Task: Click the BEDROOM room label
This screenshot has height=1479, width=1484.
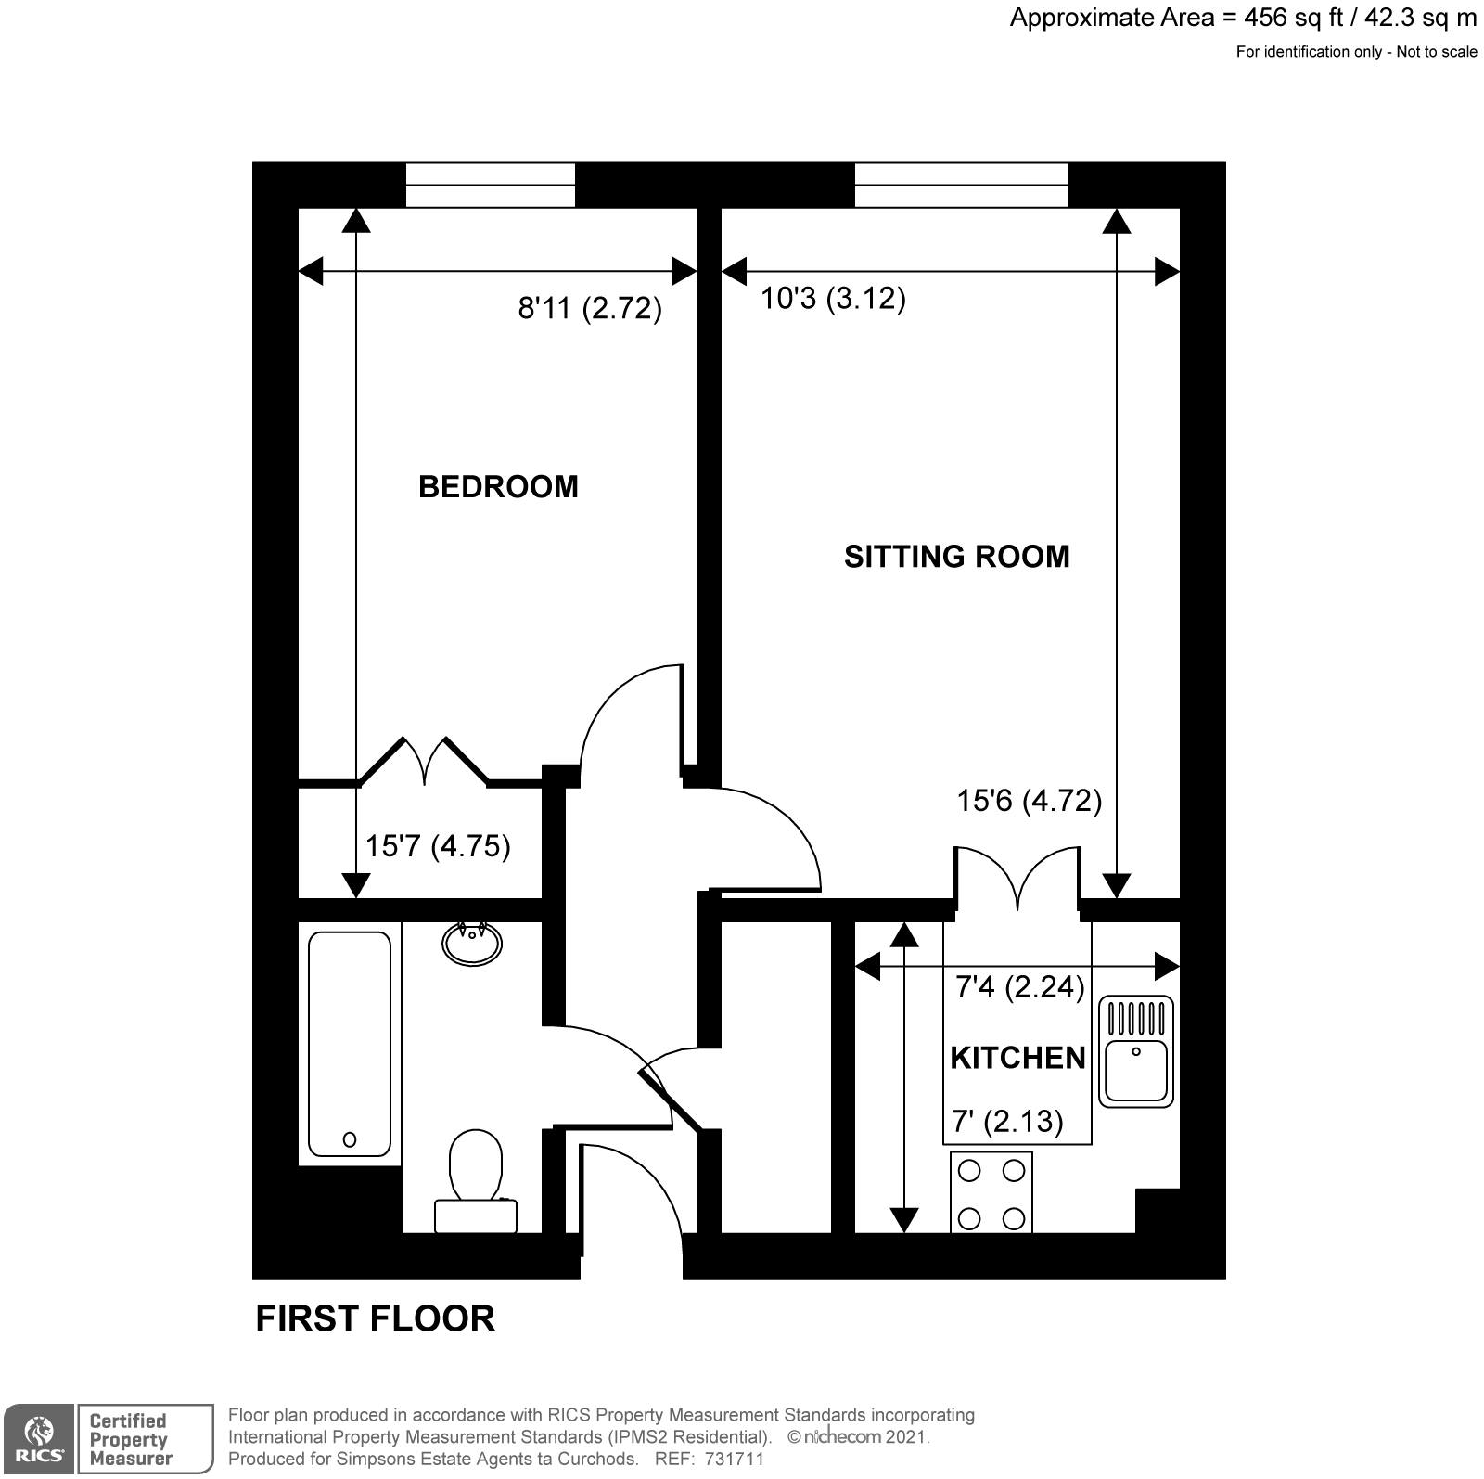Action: tap(498, 486)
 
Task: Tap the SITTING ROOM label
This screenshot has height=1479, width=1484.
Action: tap(956, 556)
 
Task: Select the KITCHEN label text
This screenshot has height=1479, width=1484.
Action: tap(1017, 1058)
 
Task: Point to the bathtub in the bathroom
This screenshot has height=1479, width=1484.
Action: tap(350, 1044)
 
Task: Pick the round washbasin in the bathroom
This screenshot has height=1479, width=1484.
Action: tap(473, 943)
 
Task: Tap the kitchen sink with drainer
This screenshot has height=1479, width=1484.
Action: tap(1135, 1052)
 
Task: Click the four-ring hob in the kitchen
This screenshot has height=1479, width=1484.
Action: tap(991, 1193)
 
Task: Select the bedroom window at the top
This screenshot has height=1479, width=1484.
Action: tap(491, 185)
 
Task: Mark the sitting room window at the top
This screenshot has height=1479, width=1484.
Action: tap(961, 185)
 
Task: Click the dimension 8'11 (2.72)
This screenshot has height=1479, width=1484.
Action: tap(590, 308)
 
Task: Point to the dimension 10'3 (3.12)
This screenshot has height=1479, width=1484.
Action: tap(833, 299)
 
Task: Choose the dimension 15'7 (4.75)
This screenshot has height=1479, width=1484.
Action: tap(438, 846)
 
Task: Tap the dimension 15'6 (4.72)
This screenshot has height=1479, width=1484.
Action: tap(1029, 800)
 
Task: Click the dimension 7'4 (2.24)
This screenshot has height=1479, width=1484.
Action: tap(1020, 986)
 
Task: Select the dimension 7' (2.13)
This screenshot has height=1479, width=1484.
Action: tap(1007, 1122)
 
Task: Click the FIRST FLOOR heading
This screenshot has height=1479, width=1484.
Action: tap(375, 1318)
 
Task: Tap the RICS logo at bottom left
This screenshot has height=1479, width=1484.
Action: tap(39, 1438)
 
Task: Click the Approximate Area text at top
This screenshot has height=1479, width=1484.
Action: tap(1243, 18)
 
